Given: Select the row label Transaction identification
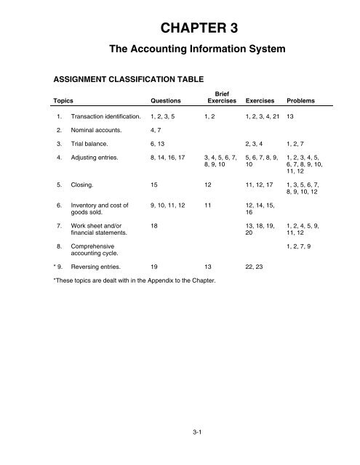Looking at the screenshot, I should (104, 116).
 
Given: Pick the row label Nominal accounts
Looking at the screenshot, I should (93, 132).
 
